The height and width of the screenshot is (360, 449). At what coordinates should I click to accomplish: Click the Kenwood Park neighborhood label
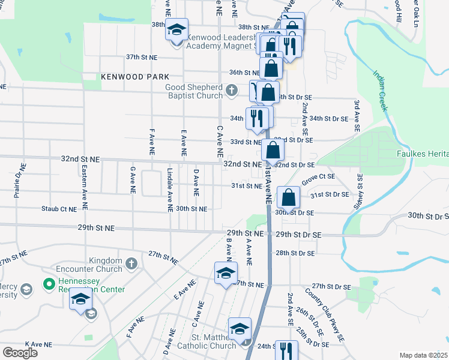click(x=135, y=77)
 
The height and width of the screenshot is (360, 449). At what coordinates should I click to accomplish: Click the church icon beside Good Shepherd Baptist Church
click(x=232, y=91)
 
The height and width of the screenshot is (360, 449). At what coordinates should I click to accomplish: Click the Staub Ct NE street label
click(x=59, y=209)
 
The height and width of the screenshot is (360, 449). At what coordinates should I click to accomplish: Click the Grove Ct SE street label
click(x=318, y=178)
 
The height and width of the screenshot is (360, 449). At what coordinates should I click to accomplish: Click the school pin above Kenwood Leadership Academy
click(x=176, y=29)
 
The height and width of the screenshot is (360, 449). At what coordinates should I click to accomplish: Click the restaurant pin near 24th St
click(x=286, y=351)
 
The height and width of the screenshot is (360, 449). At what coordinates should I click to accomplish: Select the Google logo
click(x=20, y=353)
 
